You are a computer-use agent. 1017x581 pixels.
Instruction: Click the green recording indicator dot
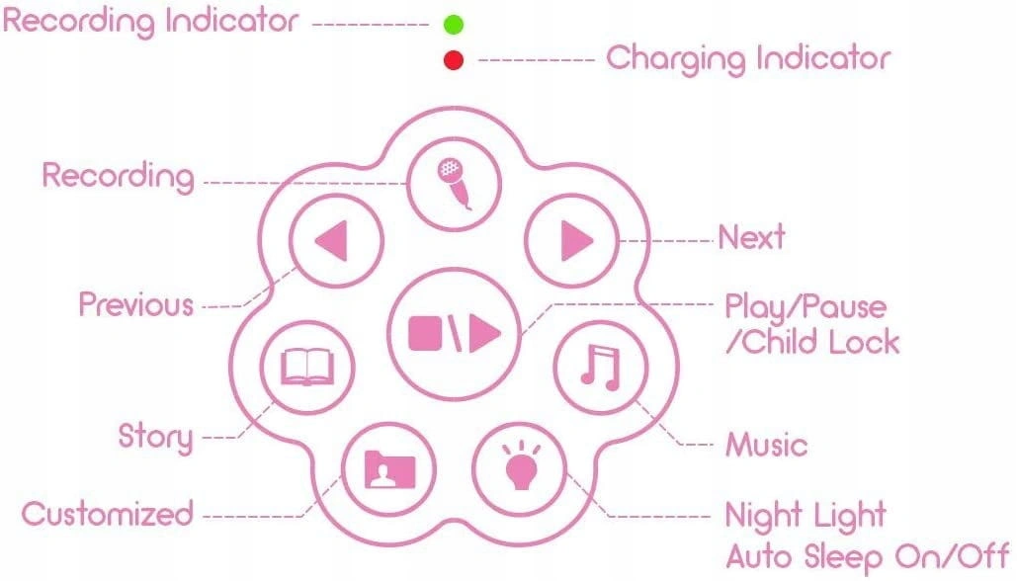(x=454, y=25)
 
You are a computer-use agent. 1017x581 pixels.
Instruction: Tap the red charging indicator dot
(x=454, y=60)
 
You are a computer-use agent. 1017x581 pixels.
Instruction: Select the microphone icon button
(x=454, y=184)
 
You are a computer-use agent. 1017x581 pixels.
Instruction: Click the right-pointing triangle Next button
(x=571, y=240)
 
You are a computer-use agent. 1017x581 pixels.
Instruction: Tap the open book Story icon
(x=307, y=367)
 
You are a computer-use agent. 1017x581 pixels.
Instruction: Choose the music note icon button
(x=601, y=368)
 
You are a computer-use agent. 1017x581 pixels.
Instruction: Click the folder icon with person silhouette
(x=389, y=469)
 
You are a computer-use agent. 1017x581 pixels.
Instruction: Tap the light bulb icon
(x=520, y=466)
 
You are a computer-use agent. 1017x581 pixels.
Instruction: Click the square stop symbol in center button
(x=425, y=333)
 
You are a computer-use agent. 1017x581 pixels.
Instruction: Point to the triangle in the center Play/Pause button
(x=484, y=334)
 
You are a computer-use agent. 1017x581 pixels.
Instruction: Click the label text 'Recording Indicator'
(x=150, y=22)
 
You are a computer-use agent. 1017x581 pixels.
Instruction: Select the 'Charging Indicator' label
(x=748, y=59)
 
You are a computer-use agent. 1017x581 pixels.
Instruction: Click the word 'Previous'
(x=136, y=304)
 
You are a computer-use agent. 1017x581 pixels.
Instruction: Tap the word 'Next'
(x=752, y=237)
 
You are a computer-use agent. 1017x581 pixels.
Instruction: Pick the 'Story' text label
(x=156, y=437)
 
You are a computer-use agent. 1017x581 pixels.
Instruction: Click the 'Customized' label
(x=108, y=514)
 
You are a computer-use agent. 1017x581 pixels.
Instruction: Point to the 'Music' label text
(x=767, y=446)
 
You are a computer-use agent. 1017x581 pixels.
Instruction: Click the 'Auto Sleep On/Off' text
(x=868, y=557)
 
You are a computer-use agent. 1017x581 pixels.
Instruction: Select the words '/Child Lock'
(x=812, y=342)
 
